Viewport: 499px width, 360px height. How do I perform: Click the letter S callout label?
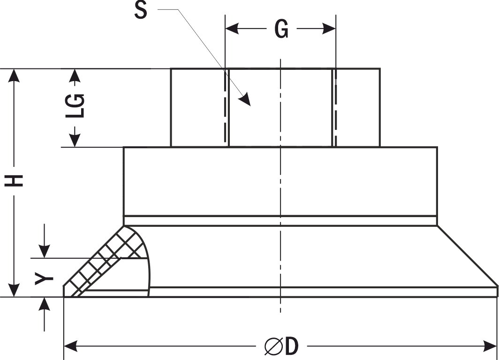(x=141, y=10)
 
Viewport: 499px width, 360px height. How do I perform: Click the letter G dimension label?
(x=282, y=29)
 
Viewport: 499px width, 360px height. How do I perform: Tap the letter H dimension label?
(x=14, y=180)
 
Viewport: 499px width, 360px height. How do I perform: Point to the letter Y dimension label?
(x=44, y=278)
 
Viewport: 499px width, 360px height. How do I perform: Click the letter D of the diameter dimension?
(x=292, y=346)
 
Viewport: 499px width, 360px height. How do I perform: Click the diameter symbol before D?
(x=273, y=346)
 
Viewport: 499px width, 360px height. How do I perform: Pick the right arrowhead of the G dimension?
(x=329, y=29)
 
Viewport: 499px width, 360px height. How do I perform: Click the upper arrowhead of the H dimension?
(x=14, y=75)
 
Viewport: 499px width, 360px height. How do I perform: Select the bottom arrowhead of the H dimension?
(x=14, y=290)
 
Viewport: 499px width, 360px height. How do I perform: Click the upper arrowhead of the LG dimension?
(x=75, y=75)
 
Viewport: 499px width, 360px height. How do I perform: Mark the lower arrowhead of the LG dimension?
(x=75, y=140)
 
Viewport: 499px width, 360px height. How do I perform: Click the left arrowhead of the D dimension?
(x=71, y=346)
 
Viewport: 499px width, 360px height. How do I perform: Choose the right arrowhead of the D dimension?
(x=490, y=346)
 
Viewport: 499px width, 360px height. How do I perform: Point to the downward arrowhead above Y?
(x=44, y=251)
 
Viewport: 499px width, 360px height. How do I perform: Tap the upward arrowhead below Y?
(x=44, y=305)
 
